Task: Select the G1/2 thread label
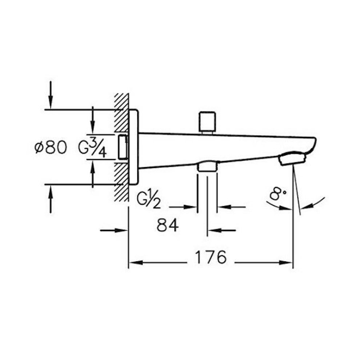point(149,200)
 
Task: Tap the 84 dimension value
point(168,226)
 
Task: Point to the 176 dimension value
point(211,258)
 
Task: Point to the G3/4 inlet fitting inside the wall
point(123,147)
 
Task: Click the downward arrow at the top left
point(50,95)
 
